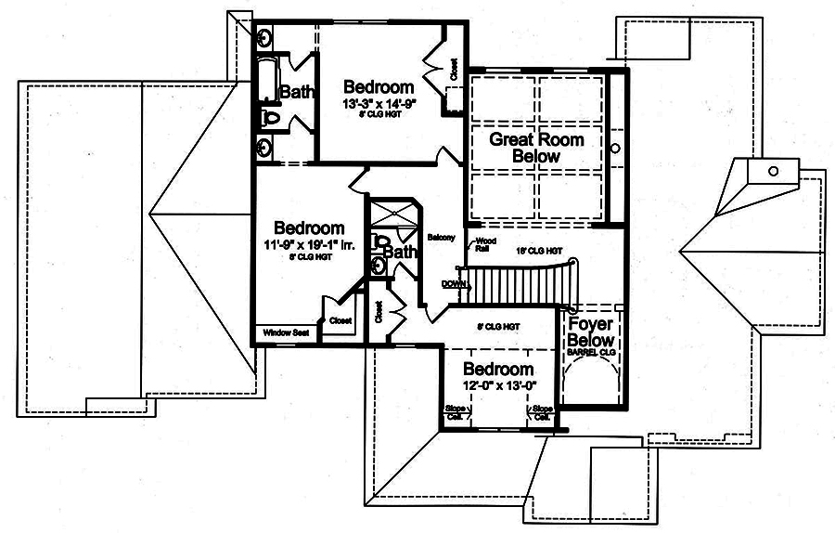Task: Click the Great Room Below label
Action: pyautogui.click(x=536, y=149)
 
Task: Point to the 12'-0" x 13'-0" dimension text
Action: pyautogui.click(x=499, y=385)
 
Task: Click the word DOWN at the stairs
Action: pyautogui.click(x=454, y=283)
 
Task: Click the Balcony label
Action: pyautogui.click(x=441, y=238)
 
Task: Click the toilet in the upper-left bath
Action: pyautogui.click(x=268, y=118)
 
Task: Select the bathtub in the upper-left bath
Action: pyautogui.click(x=266, y=82)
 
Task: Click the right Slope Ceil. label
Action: pyautogui.click(x=542, y=412)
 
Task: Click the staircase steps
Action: pyautogui.click(x=510, y=283)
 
